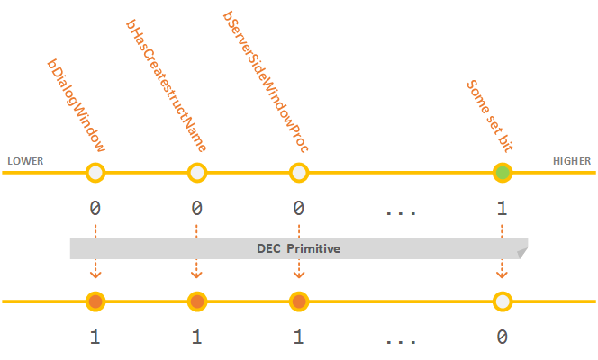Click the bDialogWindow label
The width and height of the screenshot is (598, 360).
point(77,106)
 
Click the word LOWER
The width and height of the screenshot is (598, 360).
point(25,162)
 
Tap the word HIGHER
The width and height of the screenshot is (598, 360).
point(572,162)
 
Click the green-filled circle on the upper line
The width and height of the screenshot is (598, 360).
point(503,173)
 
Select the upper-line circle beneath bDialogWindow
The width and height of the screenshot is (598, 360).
point(95,173)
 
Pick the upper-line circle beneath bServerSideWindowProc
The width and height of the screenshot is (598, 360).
point(299,173)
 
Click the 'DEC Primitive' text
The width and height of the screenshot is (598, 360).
point(298,248)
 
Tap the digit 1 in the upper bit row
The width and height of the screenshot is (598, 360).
point(502,209)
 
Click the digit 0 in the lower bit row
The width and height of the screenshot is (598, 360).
point(502,337)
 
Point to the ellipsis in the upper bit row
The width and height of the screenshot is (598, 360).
point(399,212)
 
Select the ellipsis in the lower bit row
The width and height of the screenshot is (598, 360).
point(399,341)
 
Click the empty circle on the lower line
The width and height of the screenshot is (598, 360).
point(503,301)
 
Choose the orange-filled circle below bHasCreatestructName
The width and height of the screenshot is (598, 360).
point(197,301)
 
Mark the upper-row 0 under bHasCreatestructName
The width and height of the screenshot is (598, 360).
point(196,209)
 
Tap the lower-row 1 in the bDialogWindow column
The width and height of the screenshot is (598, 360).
point(95,337)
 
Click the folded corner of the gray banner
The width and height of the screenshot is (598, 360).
point(521,254)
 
